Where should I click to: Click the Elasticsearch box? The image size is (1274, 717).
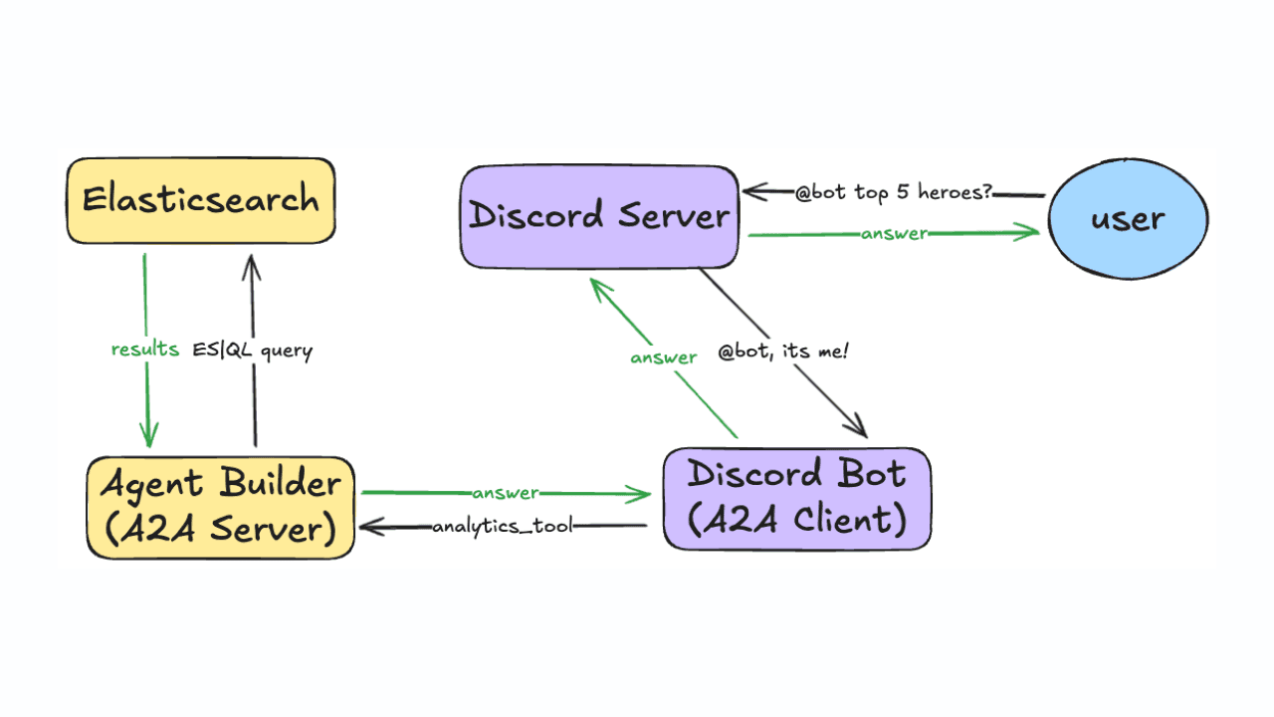tap(201, 200)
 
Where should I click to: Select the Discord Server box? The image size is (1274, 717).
tap(599, 216)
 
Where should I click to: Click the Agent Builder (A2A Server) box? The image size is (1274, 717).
tap(220, 507)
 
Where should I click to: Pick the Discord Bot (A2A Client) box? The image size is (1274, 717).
tap(796, 498)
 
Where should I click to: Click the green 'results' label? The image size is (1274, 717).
tap(145, 350)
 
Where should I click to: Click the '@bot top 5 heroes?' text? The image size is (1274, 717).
tap(893, 191)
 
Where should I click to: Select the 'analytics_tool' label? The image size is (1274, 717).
tap(503, 526)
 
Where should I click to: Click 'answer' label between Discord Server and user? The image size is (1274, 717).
tap(896, 234)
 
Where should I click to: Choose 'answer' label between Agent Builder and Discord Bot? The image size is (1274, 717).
tap(506, 493)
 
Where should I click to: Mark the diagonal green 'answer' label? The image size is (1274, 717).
tap(664, 357)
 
